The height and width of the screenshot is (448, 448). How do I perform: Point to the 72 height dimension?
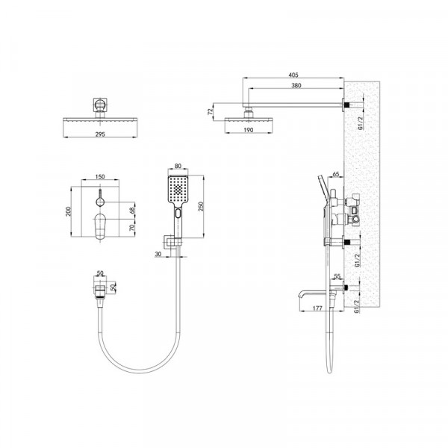(211, 111)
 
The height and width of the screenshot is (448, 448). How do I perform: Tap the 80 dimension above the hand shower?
(177, 167)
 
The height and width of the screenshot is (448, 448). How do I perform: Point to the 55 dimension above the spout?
(337, 276)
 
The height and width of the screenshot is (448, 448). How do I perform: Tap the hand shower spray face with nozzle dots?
(177, 191)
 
